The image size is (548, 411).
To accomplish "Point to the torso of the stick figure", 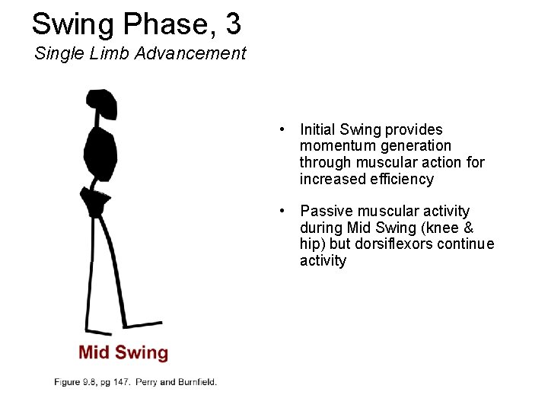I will [x=100, y=152].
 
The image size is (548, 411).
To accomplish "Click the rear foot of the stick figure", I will [x=98, y=331].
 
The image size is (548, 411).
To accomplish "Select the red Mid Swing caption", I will [x=123, y=352].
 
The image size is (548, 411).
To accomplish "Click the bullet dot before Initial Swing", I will [x=282, y=129].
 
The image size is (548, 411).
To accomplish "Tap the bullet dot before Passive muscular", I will [x=282, y=211].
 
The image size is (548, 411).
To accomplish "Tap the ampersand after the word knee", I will [x=468, y=228].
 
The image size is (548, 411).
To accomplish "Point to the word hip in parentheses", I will [x=310, y=244].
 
